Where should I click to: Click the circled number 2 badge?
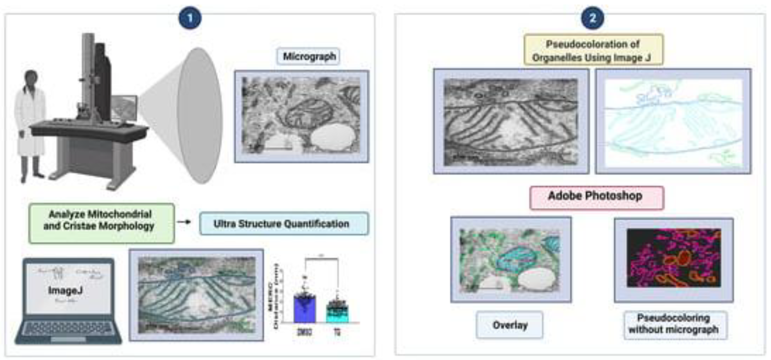pyautogui.click(x=592, y=18)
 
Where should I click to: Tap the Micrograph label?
pyautogui.click(x=309, y=56)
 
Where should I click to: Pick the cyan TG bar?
pyautogui.click(x=337, y=313)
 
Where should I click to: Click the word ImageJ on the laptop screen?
pyautogui.click(x=65, y=290)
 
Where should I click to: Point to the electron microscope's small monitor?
pyautogui.click(x=124, y=108)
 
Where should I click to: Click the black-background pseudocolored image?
pyautogui.click(x=673, y=258)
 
